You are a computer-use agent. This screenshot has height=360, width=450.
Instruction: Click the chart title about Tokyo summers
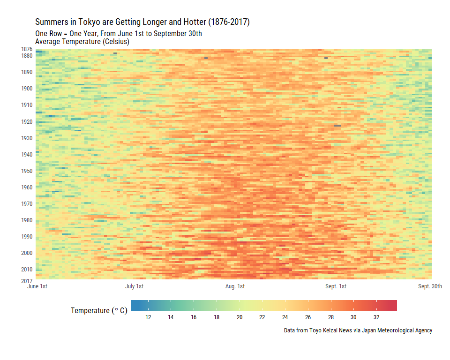pos(142,22)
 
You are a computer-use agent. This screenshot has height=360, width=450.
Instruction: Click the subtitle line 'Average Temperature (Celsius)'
pos(82,42)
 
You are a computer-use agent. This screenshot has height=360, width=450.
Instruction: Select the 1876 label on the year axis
pos(27,49)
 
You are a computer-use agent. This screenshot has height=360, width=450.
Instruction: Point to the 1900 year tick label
pos(27,89)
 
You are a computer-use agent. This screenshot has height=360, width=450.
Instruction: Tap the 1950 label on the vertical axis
pos(27,171)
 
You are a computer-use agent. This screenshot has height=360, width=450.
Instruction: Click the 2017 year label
pos(27,281)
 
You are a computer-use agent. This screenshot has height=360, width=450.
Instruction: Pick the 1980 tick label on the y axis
pos(27,220)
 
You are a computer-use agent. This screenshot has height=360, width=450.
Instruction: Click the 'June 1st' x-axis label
pos(37,286)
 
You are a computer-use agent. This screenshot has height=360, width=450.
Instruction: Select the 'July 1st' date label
pos(134,286)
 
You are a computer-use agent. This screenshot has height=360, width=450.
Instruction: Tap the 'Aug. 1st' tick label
pos(235,286)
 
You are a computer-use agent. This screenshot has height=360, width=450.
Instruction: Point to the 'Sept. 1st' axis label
pos(336,286)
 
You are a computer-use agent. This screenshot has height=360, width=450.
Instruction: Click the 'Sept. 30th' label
pos(430,286)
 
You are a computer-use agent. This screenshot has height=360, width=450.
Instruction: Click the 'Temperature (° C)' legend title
pos(99,311)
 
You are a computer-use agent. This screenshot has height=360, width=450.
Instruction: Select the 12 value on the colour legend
pos(148,317)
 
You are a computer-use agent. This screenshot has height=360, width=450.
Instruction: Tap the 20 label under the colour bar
pos(240,317)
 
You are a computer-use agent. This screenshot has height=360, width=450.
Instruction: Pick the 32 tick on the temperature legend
pos(376,317)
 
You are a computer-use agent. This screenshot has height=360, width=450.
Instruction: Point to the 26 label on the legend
pos(308,317)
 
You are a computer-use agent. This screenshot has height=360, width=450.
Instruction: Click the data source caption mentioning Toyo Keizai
pos(358,330)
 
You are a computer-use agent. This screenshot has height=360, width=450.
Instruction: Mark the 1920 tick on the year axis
pos(27,122)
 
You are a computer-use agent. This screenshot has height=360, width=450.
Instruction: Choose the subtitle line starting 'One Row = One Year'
pos(119,34)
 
